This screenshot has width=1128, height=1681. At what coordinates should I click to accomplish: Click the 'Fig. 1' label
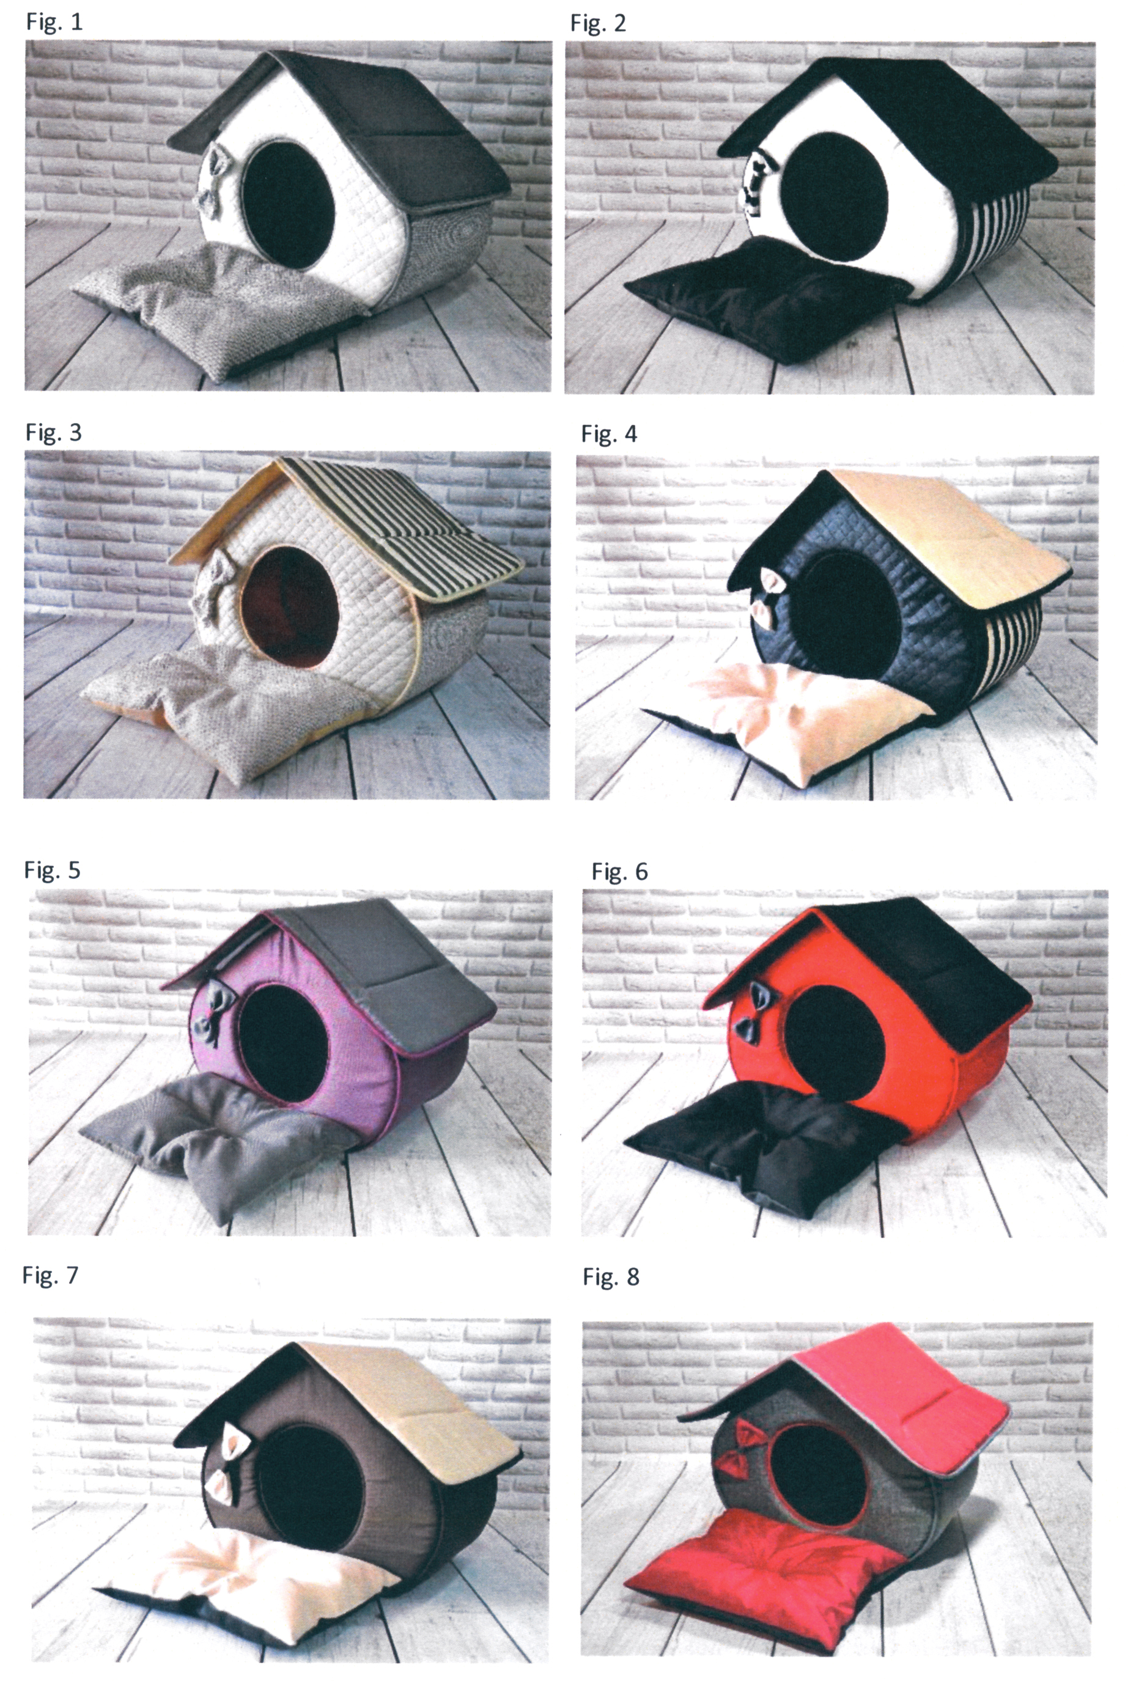tap(54, 21)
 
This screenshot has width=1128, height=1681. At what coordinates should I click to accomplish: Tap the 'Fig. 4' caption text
tap(610, 434)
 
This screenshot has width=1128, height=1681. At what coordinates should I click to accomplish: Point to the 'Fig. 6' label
tap(619, 872)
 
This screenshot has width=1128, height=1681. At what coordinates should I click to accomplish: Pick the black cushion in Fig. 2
tap(762, 298)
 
